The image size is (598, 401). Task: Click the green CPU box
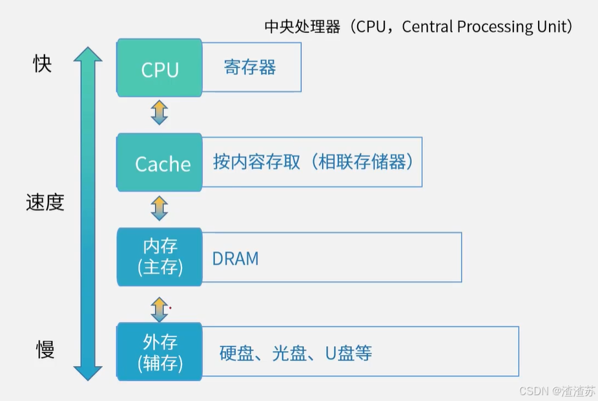pos(160,67)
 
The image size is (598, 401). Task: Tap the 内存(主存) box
pos(160,257)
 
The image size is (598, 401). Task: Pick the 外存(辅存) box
pos(160,352)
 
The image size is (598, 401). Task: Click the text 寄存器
pos(250,67)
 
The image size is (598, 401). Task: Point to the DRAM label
pos(235,259)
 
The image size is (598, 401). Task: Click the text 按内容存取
pos(256,162)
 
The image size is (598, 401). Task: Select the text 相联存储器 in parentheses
pos(362,162)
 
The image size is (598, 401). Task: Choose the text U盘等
pos(348,353)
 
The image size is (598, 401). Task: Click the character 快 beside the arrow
pos(43,63)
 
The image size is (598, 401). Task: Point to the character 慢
pos(45,350)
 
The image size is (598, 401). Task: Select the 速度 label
pos(45,202)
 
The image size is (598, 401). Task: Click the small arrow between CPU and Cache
pos(159,113)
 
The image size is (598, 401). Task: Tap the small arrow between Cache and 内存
pos(159,208)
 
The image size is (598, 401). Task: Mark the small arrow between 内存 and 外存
pos(159,310)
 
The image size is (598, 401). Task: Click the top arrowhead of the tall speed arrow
pos(88,54)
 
